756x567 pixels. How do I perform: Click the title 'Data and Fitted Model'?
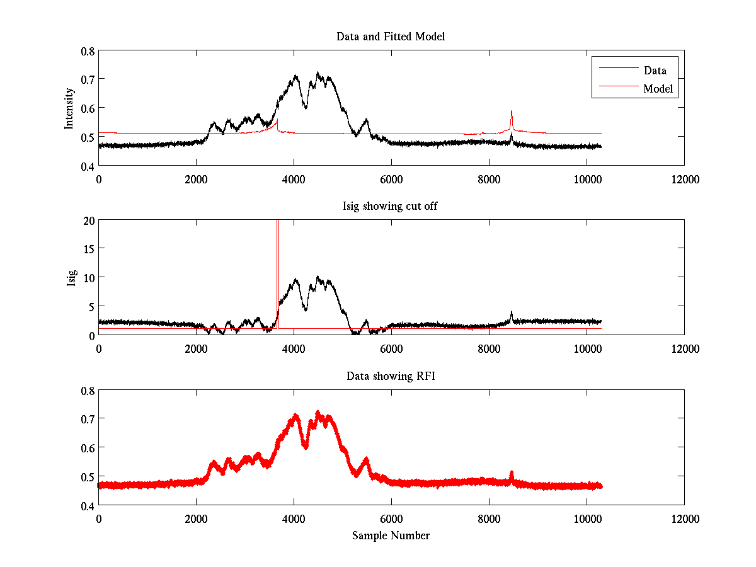point(391,37)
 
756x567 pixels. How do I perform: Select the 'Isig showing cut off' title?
point(391,207)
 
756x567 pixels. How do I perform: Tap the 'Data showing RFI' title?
point(391,377)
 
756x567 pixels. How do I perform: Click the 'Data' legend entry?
point(655,71)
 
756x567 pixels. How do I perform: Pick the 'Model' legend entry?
point(658,89)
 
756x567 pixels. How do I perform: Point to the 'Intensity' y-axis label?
point(70,108)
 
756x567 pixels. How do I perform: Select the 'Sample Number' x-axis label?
point(391,535)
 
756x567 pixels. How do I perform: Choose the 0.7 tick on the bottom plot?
point(88,419)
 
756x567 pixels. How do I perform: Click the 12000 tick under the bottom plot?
point(684,518)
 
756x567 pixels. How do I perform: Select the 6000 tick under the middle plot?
point(391,348)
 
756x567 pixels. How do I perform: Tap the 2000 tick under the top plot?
point(196,179)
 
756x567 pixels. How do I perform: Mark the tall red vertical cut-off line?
point(278,265)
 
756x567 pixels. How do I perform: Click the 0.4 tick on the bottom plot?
point(88,505)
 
